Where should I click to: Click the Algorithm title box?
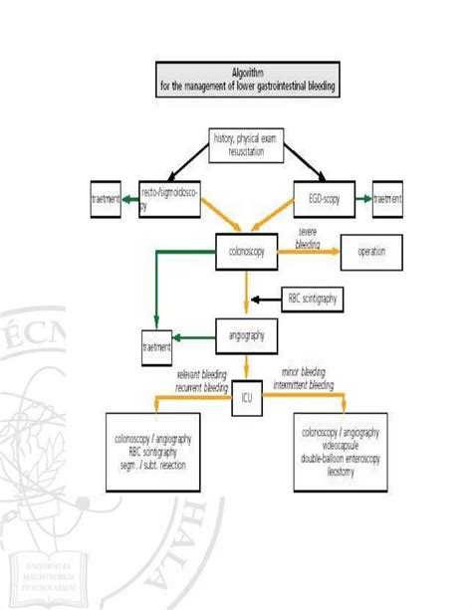249,81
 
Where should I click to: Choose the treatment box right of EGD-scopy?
388,199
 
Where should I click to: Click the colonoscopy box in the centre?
246,252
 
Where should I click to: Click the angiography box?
245,335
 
